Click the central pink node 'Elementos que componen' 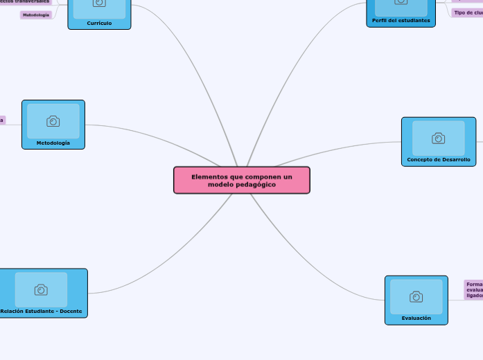241,180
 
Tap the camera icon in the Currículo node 99,3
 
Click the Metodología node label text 53,143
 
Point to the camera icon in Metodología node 53,121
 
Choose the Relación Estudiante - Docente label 41,311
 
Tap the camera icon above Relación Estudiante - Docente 41,289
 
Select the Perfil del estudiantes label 401,21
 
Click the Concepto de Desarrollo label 438,160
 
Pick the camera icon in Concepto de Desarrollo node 438,138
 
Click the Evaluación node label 416,318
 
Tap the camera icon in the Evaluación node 416,297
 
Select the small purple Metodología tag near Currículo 36,15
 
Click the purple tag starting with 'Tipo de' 467,12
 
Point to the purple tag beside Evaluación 474,289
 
